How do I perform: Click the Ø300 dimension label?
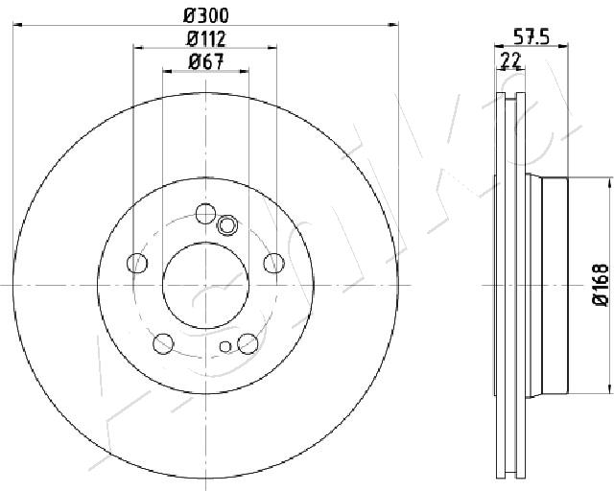205,15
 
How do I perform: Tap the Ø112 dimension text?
206,39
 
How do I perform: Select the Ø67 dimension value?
205,62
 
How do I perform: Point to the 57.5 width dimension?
531,37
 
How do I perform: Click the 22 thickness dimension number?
511,60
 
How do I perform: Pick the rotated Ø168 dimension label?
601,285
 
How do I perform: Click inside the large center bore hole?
205,285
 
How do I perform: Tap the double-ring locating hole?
226,225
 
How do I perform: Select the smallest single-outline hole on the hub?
225,346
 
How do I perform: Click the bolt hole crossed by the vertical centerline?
205,214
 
